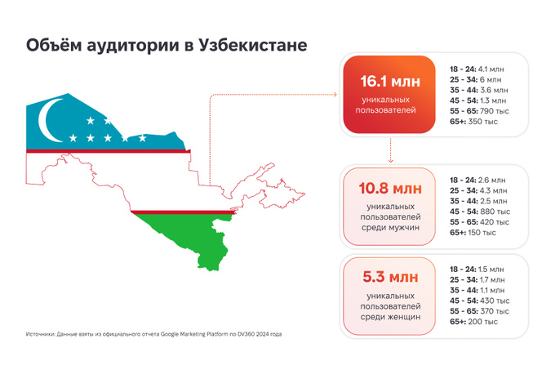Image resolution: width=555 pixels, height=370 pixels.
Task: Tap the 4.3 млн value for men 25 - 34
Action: [x=494, y=190]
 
